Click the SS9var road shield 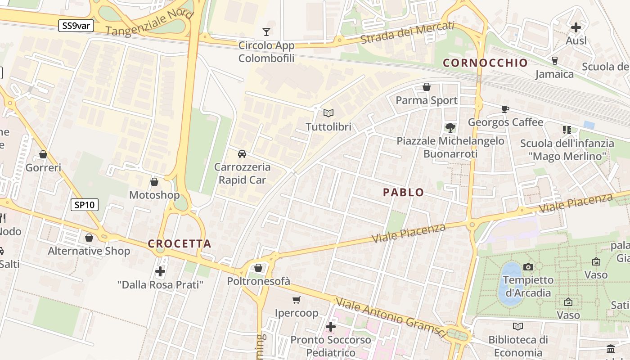pyautogui.click(x=76, y=26)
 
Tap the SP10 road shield pyautogui.click(x=85, y=205)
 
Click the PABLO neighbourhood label pyautogui.click(x=403, y=193)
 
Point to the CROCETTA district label pyautogui.click(x=180, y=244)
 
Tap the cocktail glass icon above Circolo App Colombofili pyautogui.click(x=266, y=31)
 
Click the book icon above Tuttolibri pyautogui.click(x=328, y=113)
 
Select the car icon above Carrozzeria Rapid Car pyautogui.click(x=242, y=154)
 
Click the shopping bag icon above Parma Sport pyautogui.click(x=427, y=87)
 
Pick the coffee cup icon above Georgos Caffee pyautogui.click(x=505, y=109)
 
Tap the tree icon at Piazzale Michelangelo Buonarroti pyautogui.click(x=450, y=127)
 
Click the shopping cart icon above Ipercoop pyautogui.click(x=296, y=300)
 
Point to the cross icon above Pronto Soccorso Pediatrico pyautogui.click(x=331, y=326)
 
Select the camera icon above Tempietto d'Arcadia pyautogui.click(x=528, y=267)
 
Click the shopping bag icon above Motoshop pyautogui.click(x=154, y=182)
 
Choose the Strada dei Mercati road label pyautogui.click(x=407, y=32)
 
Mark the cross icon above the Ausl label pyautogui.click(x=576, y=27)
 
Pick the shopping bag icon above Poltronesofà pyautogui.click(x=258, y=268)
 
